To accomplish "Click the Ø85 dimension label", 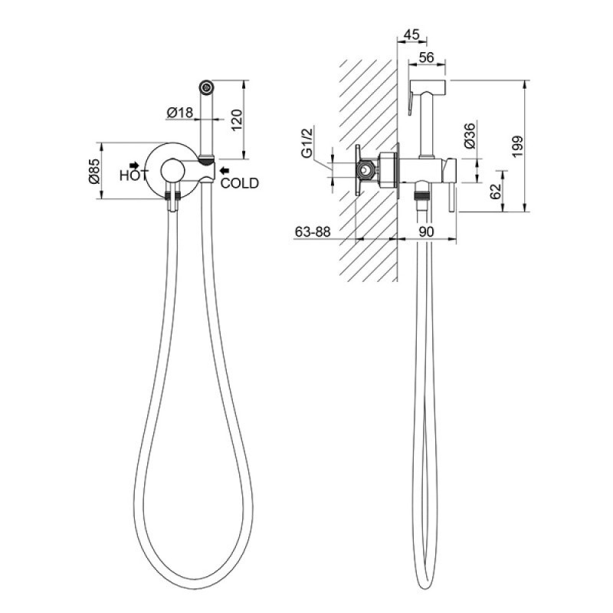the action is pos(94,172).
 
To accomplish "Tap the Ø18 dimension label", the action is pos(180,113).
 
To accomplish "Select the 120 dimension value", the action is pos(238,120).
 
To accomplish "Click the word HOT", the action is pos(134,175).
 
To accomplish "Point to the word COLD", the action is pos(240,183).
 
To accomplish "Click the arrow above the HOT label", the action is pos(135,165).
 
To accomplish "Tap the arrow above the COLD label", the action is pos(224,170).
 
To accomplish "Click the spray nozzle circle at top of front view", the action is pos(206,87).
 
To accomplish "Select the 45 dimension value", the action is pos(411,34).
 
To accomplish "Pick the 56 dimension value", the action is pos(426,57).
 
